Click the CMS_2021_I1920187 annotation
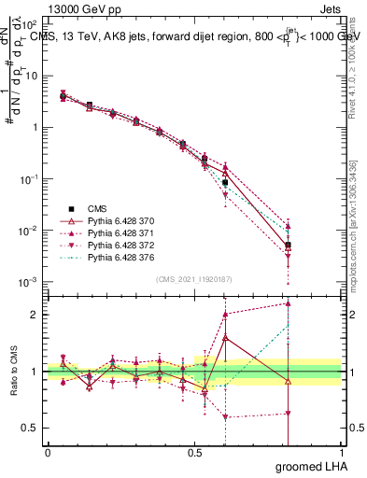pyautogui.click(x=194, y=279)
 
